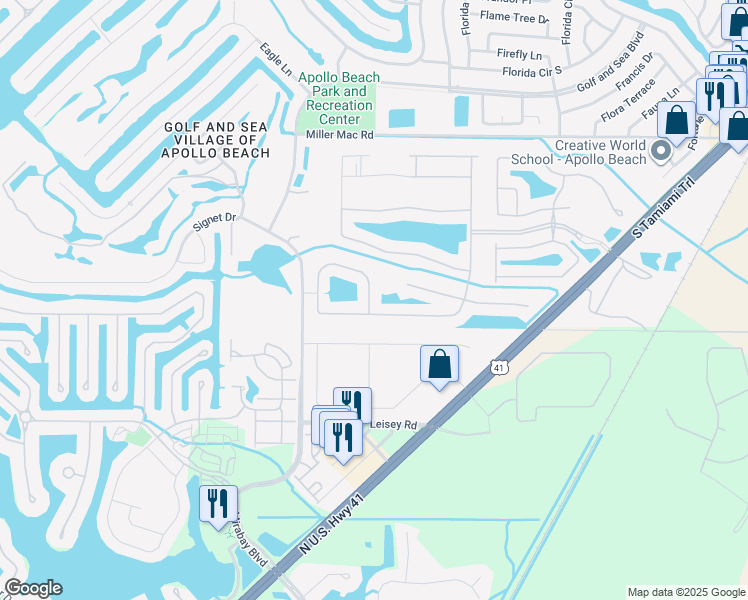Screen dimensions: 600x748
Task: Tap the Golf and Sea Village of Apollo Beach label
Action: tap(217, 139)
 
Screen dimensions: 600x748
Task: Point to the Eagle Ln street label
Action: tap(276, 60)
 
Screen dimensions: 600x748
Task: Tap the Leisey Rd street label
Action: tap(392, 424)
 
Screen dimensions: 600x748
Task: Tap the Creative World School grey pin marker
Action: tap(660, 151)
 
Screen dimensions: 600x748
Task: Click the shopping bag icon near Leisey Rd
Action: tap(439, 365)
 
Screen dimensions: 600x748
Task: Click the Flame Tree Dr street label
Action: tap(515, 17)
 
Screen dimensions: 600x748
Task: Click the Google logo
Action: tap(33, 588)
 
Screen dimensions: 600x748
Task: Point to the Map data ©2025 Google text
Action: tap(685, 592)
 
